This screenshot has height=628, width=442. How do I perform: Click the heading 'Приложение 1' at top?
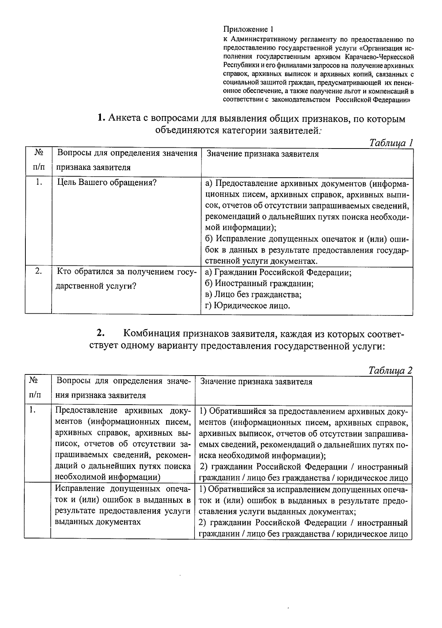pyautogui.click(x=249, y=29)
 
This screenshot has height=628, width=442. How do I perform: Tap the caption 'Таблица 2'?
pyautogui.click(x=390, y=371)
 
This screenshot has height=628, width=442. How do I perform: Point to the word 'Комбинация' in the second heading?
pyautogui.click(x=152, y=334)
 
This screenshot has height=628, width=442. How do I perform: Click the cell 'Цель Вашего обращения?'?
pyautogui.click(x=107, y=183)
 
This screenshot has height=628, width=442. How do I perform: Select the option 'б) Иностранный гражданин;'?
pyautogui.click(x=259, y=284)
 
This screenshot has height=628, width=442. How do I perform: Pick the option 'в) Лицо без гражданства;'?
pyautogui.click(x=253, y=295)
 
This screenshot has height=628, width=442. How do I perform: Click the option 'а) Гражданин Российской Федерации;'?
pyautogui.click(x=278, y=273)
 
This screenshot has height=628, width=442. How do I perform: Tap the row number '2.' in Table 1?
pyautogui.click(x=38, y=272)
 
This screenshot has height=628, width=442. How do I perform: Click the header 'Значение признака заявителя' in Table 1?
pyautogui.click(x=262, y=154)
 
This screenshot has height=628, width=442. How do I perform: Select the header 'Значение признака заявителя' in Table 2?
pyautogui.click(x=256, y=382)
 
